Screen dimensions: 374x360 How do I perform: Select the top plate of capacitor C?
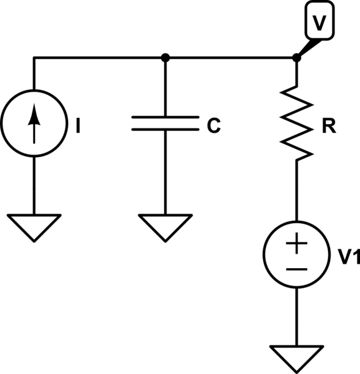pyautogui.click(x=165, y=118)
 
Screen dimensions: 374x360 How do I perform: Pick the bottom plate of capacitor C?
pyautogui.click(x=165, y=130)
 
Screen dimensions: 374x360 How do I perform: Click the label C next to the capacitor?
pyautogui.click(x=213, y=127)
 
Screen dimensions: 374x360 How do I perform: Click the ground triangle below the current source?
pyautogui.click(x=34, y=226)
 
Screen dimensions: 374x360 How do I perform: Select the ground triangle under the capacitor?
pyautogui.click(x=165, y=226)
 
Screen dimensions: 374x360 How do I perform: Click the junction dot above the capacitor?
pyautogui.click(x=165, y=58)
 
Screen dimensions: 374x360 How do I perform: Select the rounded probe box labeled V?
pyautogui.click(x=319, y=23)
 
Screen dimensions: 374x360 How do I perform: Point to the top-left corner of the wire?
pyautogui.click(x=34, y=58)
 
